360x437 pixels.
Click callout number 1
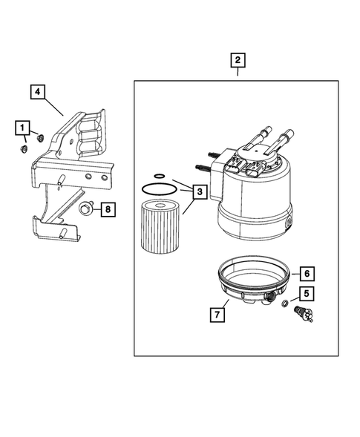tap(23, 128)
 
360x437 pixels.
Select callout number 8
tap(108, 210)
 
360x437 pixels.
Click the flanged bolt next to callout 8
tap(88, 210)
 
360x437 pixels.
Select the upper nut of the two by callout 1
tap(39, 137)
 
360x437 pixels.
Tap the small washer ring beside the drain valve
tap(287, 306)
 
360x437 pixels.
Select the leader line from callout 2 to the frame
tap(238, 73)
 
